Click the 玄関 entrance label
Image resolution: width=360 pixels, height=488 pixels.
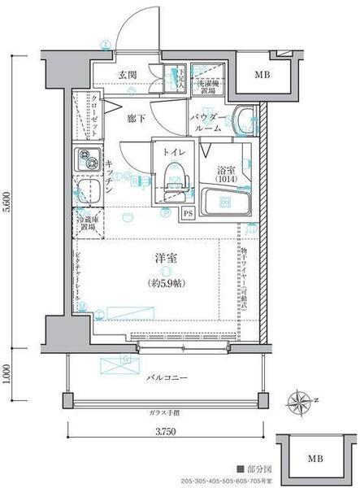(127, 76)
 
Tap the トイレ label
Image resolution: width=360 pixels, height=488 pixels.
(171, 152)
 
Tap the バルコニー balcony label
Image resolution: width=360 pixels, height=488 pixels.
(168, 377)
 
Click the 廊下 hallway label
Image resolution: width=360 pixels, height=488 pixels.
(137, 118)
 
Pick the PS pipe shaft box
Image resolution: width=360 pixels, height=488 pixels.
(188, 214)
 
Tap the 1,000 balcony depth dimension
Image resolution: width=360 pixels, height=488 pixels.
(7, 372)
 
